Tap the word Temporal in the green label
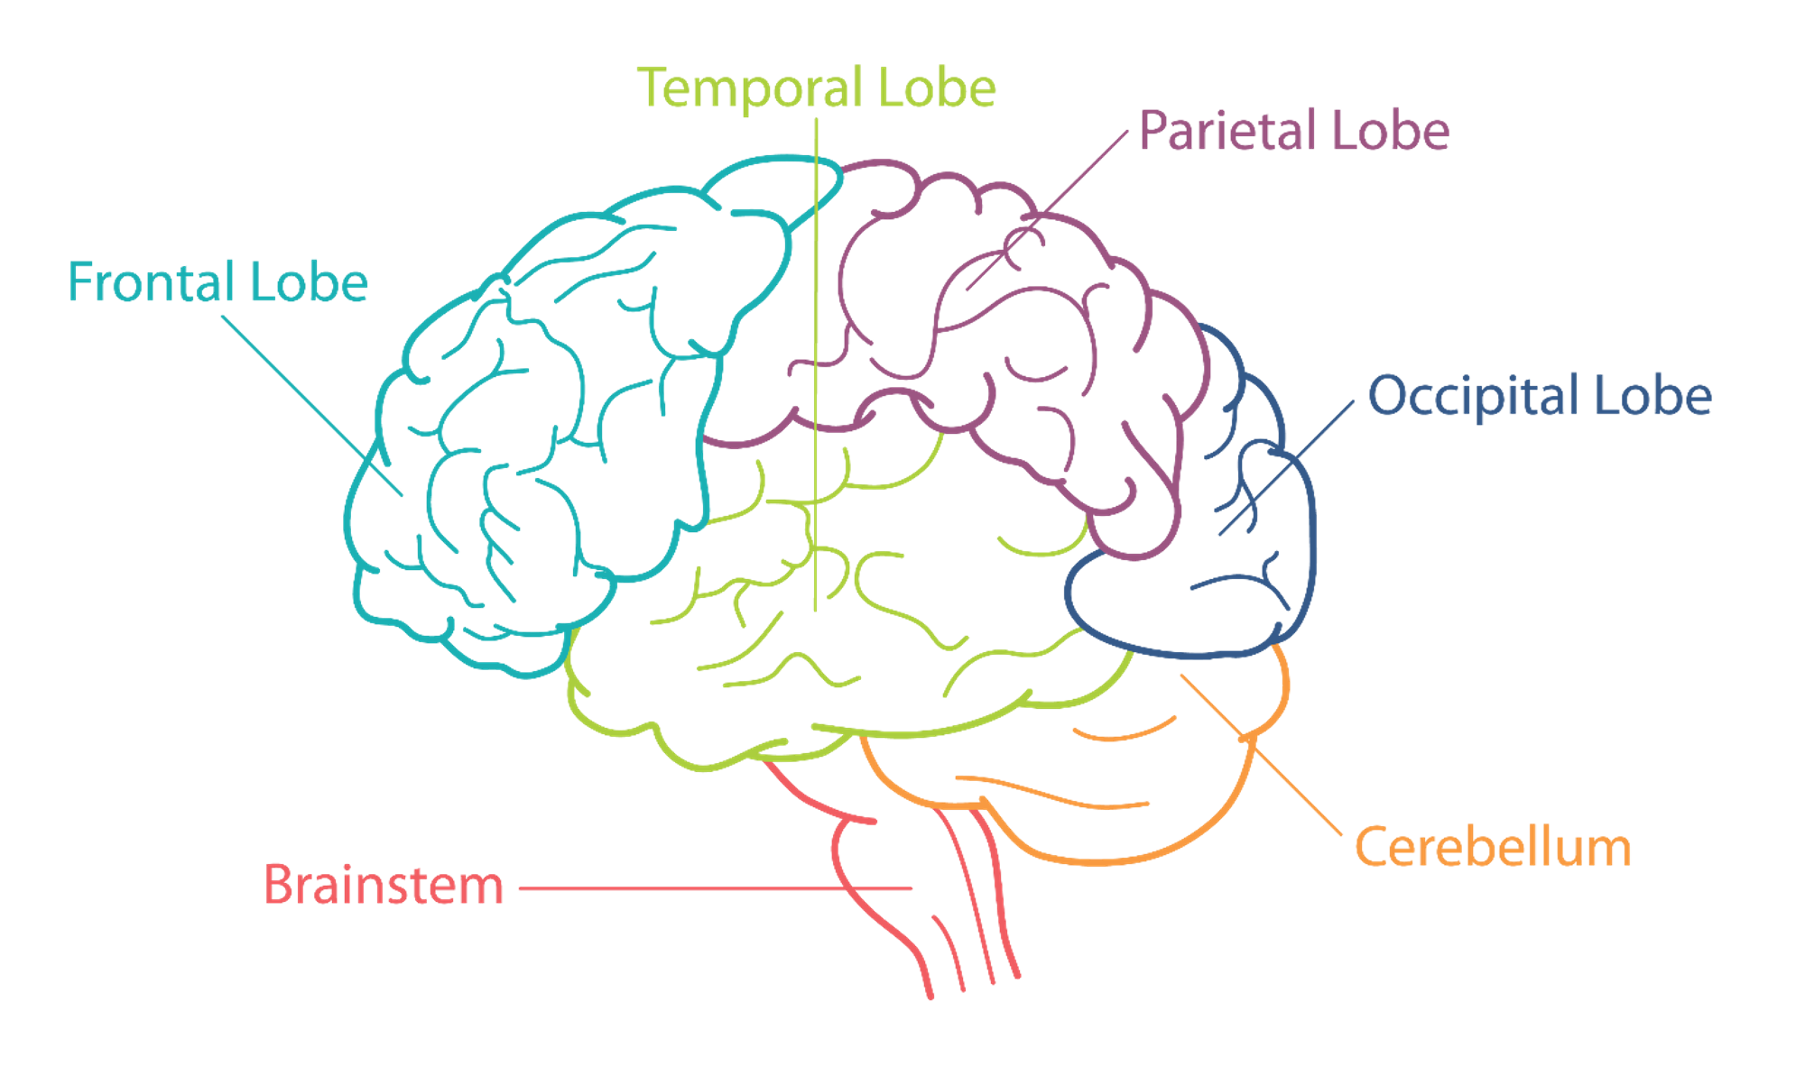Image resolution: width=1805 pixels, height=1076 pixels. pos(749,88)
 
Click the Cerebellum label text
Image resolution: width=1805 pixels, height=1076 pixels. pos(1494,848)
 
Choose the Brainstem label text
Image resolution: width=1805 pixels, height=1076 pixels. pos(384,885)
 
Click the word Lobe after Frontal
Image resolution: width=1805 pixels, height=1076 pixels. pos(308,282)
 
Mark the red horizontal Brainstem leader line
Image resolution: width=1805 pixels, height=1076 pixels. pos(713,888)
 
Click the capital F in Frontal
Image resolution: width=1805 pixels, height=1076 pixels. pos(81,282)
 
